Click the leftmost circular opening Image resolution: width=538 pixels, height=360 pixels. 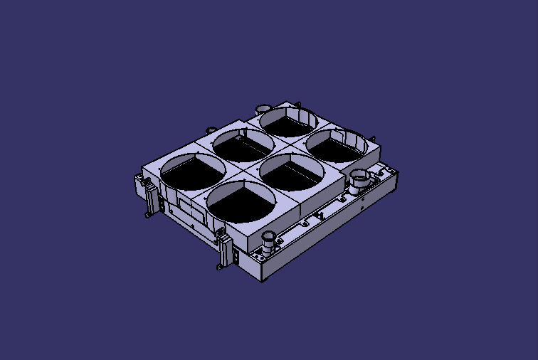[x=193, y=172]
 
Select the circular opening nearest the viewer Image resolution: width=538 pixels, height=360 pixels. [x=240, y=201]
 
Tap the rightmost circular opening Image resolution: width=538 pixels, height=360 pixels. [x=337, y=146]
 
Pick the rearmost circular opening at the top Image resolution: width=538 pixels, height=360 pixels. [x=287, y=122]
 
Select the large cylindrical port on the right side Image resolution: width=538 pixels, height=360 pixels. [x=359, y=179]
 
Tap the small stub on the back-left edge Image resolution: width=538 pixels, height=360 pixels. [x=210, y=129]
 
